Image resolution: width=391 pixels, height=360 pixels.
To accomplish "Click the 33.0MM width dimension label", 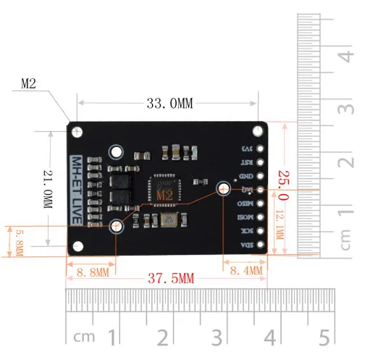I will tap(169, 104).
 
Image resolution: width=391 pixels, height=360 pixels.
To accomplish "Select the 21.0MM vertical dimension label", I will tap(47, 189).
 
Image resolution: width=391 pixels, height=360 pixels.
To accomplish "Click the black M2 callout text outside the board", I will tap(28, 84).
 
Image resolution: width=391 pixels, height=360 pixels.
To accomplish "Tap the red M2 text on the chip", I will tap(165, 195).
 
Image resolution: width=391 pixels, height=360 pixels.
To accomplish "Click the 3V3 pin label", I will tap(247, 148).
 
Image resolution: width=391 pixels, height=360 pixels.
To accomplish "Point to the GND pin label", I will tap(247, 176).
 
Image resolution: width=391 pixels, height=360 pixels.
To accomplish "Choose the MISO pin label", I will tap(247, 204).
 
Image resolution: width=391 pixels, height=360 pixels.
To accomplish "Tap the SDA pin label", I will tap(247, 245).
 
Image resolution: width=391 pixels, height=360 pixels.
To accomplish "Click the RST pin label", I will tap(247, 162).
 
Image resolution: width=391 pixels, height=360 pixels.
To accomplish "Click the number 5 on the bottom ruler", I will tap(323, 337).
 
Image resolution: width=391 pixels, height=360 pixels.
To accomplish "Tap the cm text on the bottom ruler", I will tap(84, 338).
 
